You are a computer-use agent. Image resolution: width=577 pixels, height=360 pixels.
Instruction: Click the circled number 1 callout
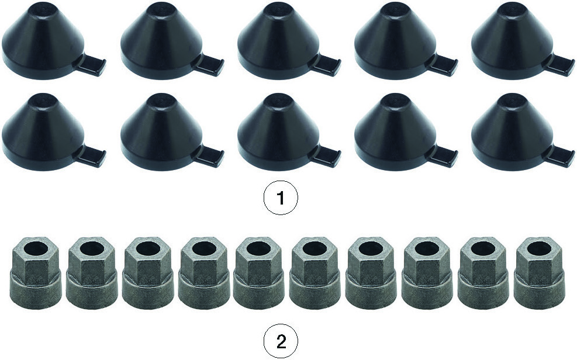(x=281, y=199)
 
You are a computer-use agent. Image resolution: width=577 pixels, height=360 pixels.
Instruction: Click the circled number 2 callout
(x=281, y=333)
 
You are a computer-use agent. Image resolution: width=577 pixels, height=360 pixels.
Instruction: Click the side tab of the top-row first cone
(x=91, y=63)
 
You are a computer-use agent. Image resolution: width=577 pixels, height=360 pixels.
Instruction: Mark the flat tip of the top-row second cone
(x=161, y=8)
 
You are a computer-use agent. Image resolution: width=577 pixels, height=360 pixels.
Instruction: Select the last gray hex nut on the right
(x=540, y=273)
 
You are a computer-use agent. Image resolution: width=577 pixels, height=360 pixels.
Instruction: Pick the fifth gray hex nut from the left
(x=259, y=273)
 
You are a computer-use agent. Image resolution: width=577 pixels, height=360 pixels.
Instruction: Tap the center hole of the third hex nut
(x=147, y=249)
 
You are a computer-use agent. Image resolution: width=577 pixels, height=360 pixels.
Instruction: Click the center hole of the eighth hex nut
(x=427, y=249)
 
